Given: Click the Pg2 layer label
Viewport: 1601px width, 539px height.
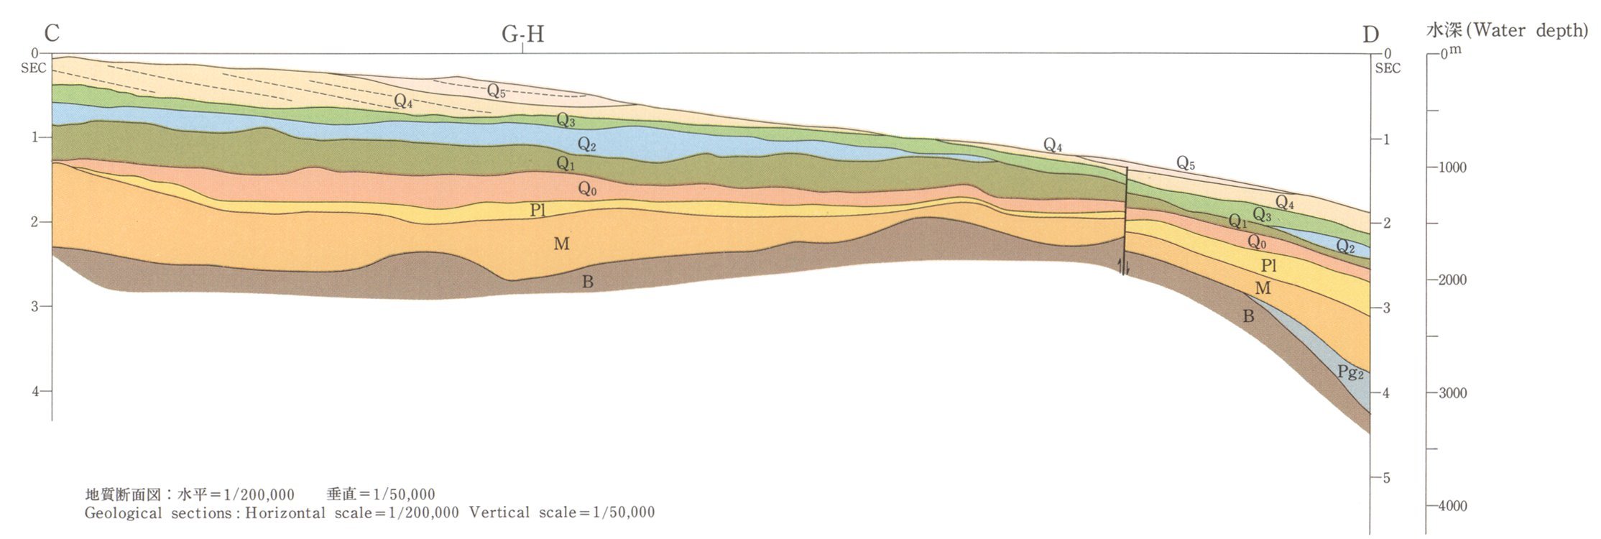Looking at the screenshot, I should click(x=1350, y=372).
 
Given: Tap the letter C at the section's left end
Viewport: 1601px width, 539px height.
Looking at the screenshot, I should click(x=52, y=34).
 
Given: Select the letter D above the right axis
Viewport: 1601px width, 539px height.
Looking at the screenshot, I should click(x=1370, y=34).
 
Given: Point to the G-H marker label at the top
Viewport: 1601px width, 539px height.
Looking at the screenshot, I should click(x=522, y=34).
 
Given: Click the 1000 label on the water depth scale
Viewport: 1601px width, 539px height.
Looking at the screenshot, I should click(x=1452, y=167).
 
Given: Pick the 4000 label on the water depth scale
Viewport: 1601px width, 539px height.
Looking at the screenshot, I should click(x=1452, y=506).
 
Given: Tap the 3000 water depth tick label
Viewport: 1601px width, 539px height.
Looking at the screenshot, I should click(x=1452, y=393).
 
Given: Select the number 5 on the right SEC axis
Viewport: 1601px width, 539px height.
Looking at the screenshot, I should click(x=1386, y=478).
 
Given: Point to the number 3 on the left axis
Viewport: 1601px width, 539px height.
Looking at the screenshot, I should click(x=34, y=307).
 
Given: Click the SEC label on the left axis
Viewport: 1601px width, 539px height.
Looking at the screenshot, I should click(x=34, y=68).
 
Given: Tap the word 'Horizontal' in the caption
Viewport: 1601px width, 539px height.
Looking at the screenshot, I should click(x=285, y=513).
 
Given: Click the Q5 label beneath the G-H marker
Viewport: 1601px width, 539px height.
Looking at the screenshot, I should click(x=496, y=91).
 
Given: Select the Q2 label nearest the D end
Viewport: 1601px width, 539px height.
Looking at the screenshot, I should click(x=1345, y=247).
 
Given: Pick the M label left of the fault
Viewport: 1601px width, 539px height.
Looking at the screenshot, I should click(x=561, y=244).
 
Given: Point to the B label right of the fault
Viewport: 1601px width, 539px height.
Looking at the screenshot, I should click(x=1248, y=316).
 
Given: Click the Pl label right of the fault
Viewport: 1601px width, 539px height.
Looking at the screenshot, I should click(x=1269, y=265).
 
